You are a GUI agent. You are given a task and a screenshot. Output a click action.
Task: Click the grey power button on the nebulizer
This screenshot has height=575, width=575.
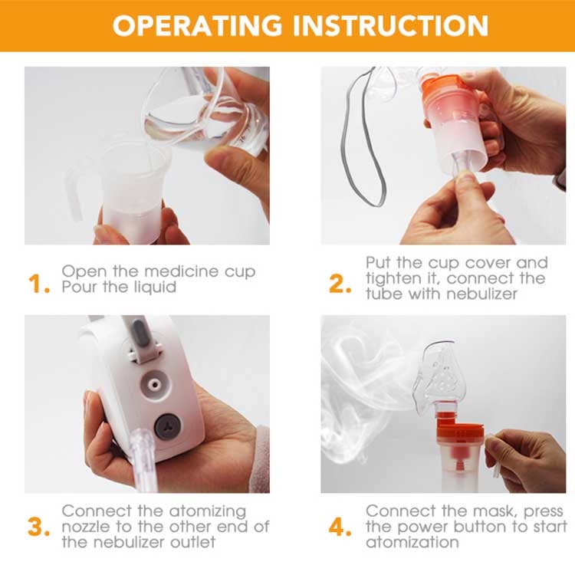(166, 427)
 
